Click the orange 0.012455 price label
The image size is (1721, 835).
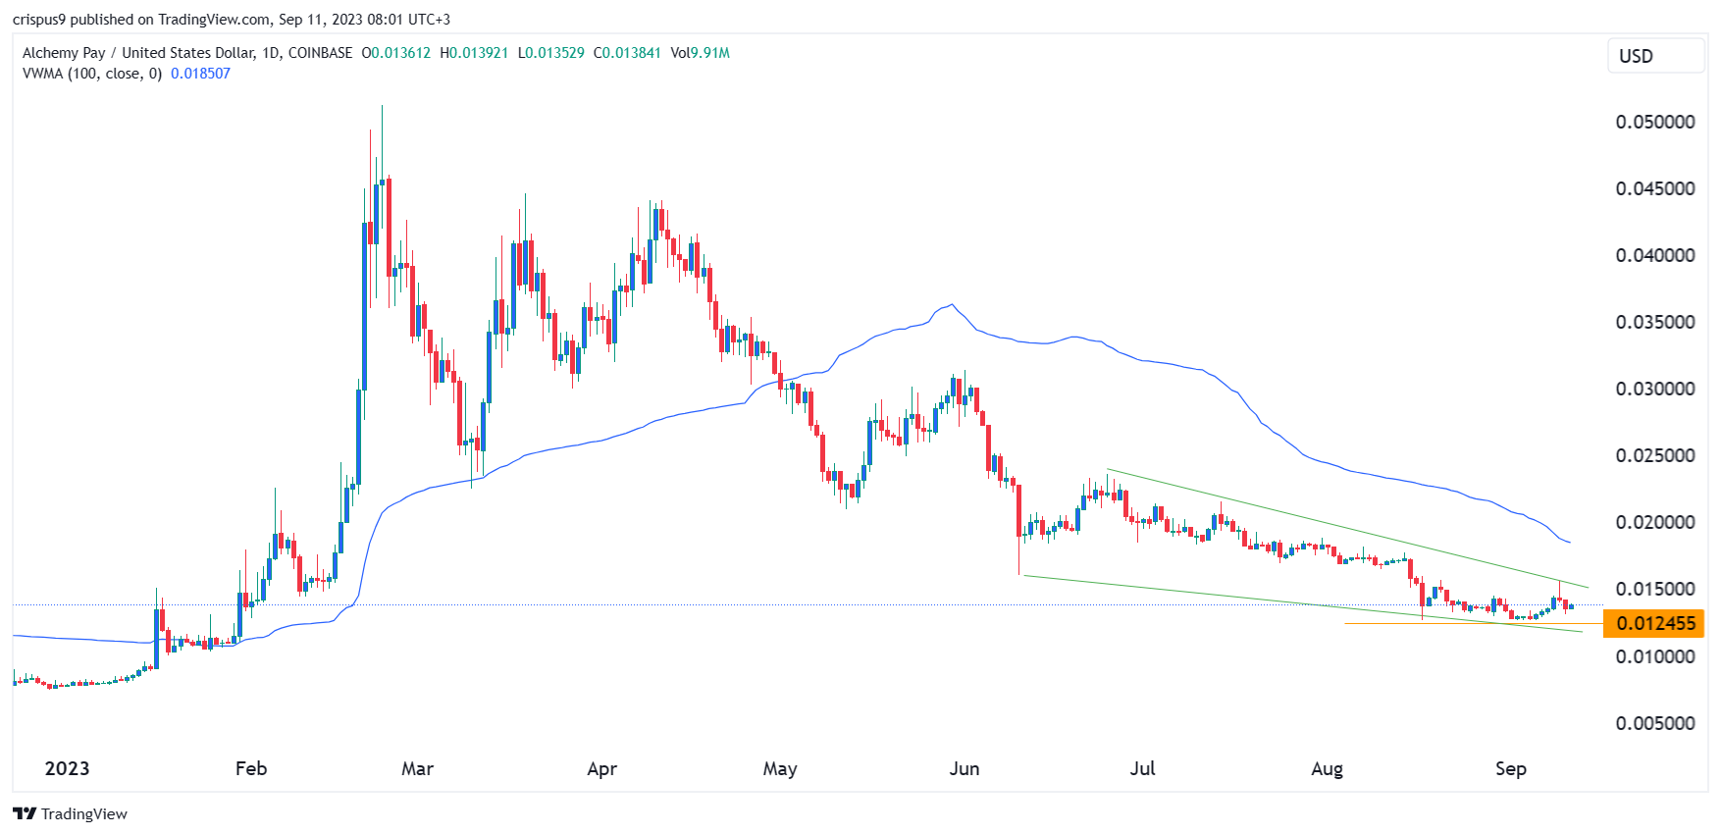[x=1653, y=623]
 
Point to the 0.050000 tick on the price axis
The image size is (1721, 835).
[x=1654, y=122]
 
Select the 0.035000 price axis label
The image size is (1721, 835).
[x=1654, y=322]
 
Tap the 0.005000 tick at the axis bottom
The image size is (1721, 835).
[x=1654, y=723]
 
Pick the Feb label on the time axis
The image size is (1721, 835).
[x=251, y=768]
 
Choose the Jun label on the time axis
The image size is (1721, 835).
[x=964, y=768]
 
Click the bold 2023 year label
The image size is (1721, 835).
[x=67, y=768]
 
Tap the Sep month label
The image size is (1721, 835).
[x=1510, y=768]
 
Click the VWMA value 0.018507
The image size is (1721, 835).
[x=200, y=74]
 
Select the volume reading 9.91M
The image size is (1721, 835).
[x=709, y=53]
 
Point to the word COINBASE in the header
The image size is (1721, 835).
[x=320, y=53]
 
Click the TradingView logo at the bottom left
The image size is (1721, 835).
[x=70, y=813]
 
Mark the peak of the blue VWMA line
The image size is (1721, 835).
[x=951, y=305]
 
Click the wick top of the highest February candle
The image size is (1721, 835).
[x=382, y=106]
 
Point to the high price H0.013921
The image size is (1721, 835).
[x=474, y=53]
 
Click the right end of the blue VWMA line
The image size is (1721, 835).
[x=1570, y=543]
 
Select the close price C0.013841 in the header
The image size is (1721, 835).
[x=627, y=53]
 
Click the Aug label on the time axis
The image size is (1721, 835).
[x=1327, y=768]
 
